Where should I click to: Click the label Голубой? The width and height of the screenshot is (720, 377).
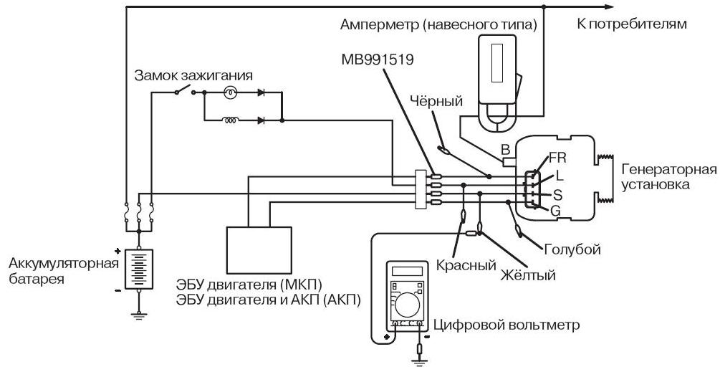coord(572,249)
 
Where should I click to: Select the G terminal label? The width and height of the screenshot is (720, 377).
coord(555,210)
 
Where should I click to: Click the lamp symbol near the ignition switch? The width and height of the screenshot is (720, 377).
coord(230,92)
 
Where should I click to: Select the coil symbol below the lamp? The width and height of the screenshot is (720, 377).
coord(230,120)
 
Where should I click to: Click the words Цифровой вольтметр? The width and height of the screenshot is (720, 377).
coord(504,325)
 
